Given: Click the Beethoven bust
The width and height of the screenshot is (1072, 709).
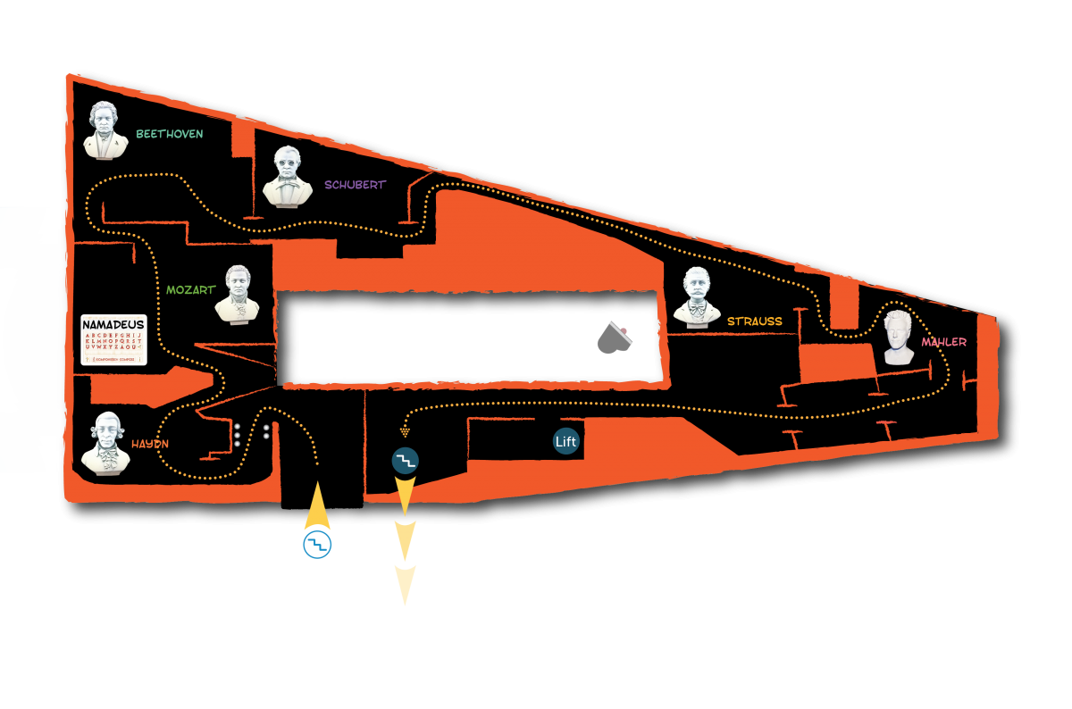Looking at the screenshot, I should coord(106,130).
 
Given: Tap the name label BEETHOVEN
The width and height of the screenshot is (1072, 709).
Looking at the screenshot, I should coord(170,134).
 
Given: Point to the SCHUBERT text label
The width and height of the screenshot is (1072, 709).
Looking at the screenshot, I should coord(355,185).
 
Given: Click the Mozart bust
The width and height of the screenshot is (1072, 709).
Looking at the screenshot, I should coord(237,294).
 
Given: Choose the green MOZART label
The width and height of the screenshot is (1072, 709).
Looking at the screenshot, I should coord(190,290).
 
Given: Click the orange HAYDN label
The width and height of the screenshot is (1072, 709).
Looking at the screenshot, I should coord(150,444).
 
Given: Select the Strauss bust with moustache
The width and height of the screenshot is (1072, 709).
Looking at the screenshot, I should coord(697,296).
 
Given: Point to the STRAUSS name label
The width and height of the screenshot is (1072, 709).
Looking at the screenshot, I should coord(754,321).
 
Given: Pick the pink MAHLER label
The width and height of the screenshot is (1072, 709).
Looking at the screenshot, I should coord(943,342).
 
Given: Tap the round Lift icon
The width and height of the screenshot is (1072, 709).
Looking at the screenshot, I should coord(566,441).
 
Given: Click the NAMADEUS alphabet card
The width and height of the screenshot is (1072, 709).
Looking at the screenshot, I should coord(113,340).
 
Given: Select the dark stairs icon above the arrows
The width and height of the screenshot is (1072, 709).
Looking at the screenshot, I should coord(406,461).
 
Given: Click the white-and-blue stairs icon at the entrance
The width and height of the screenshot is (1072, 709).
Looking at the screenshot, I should coord(317,545).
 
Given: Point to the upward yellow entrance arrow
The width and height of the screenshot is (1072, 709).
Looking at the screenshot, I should coord(317,507).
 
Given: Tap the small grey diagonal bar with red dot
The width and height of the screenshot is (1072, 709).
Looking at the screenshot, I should coord(621,332).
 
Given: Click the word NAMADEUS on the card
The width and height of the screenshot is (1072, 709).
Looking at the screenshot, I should coord(113,324).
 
